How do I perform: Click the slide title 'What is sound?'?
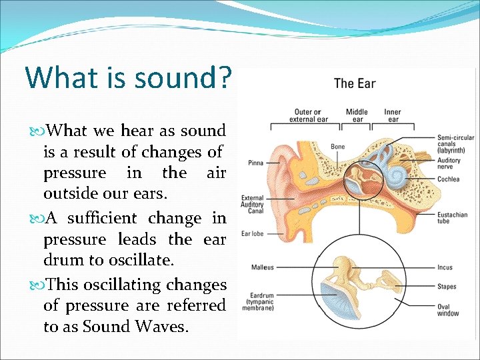(129, 77)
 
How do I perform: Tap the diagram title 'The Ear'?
(355, 84)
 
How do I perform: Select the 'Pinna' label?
(255, 161)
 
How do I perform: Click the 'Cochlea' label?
(449, 179)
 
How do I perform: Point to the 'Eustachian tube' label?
(453, 218)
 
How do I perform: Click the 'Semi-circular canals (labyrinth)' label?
(455, 144)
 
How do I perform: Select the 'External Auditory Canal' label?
(253, 205)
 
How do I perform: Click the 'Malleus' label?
(263, 267)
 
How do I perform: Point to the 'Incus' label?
(445, 267)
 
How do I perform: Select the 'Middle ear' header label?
(357, 115)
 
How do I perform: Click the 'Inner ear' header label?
(393, 115)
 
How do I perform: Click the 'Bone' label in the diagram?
(337, 147)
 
